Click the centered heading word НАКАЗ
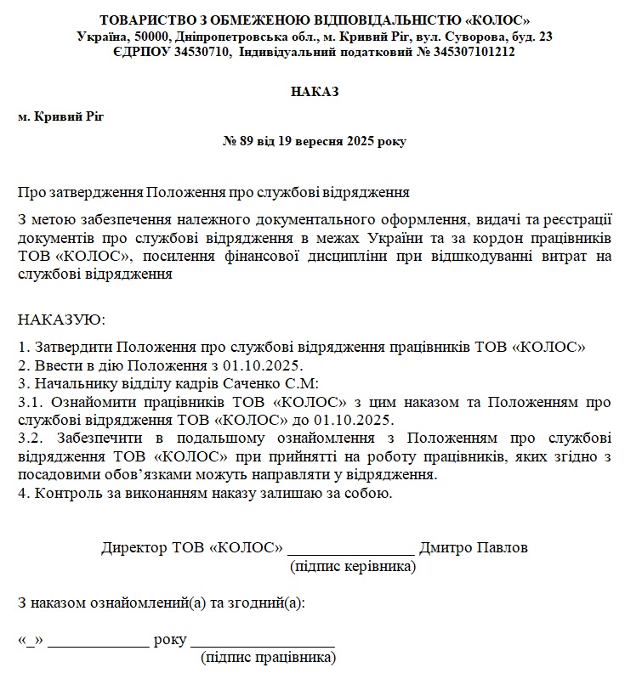[x=314, y=92]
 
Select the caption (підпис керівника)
[x=353, y=565]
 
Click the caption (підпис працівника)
[x=268, y=657]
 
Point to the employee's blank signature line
[x=263, y=643]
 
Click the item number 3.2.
[x=30, y=439]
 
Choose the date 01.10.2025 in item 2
[x=260, y=365]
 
